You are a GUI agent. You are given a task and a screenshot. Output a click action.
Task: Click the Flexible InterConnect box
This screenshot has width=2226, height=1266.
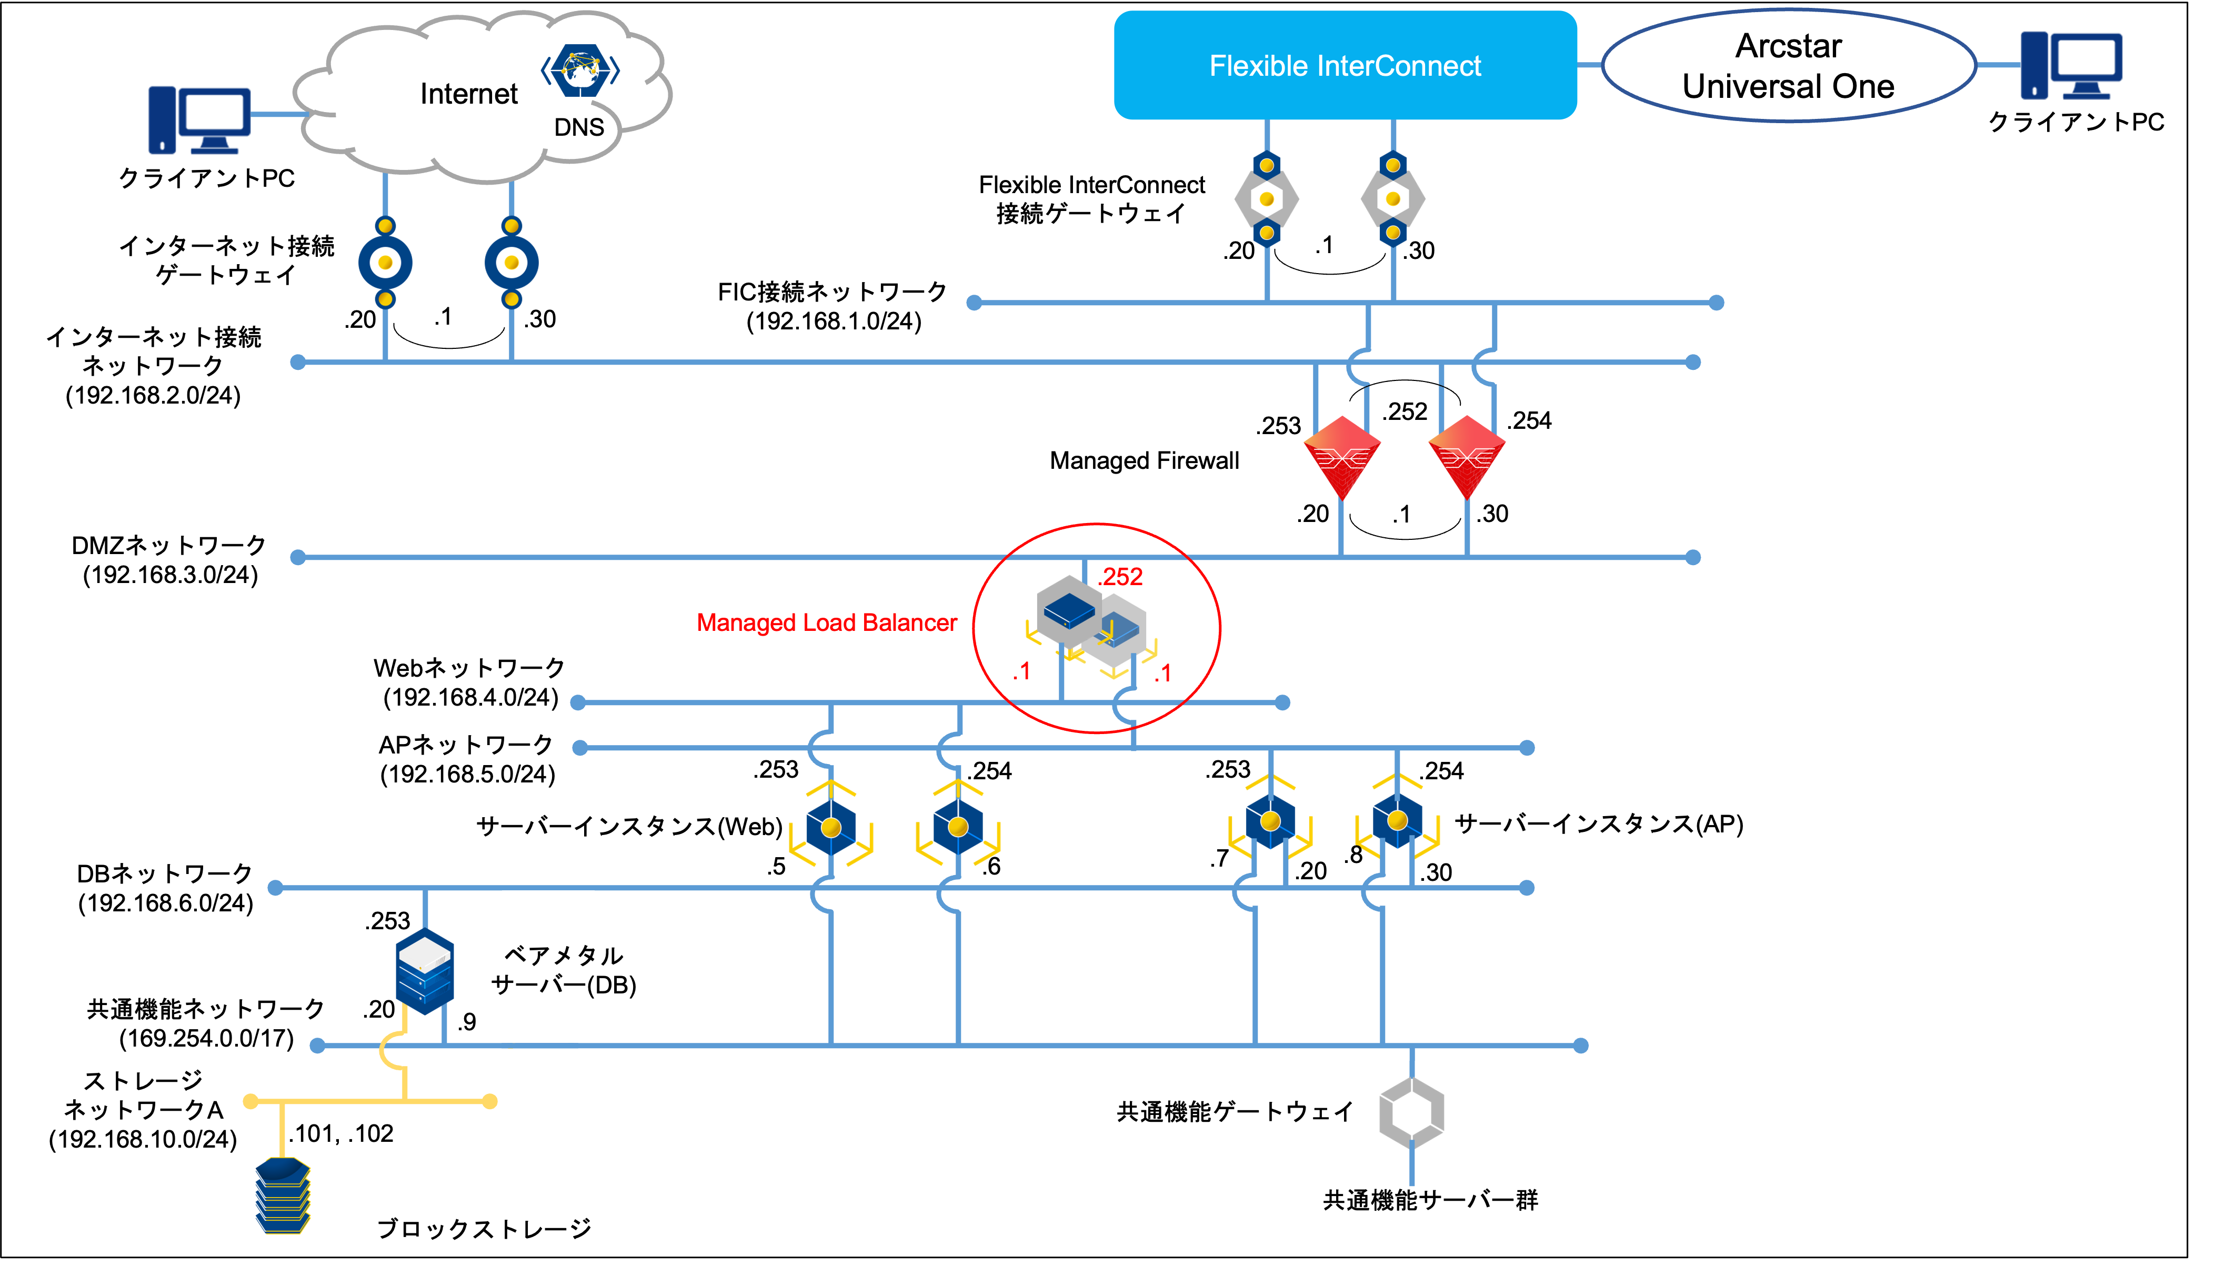(1345, 65)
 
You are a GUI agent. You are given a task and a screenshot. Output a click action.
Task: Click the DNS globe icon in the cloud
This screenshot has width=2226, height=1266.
(580, 69)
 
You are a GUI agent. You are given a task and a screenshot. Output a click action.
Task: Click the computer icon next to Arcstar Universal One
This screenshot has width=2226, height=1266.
(2071, 65)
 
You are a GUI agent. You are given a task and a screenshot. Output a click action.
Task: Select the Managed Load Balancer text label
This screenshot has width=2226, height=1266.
(826, 622)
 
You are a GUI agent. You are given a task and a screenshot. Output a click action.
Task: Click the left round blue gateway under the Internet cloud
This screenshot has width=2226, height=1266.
(385, 263)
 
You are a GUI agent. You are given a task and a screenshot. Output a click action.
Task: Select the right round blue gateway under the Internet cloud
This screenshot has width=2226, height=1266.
(512, 263)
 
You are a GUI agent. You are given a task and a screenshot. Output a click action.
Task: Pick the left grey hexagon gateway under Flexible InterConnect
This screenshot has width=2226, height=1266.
(1267, 199)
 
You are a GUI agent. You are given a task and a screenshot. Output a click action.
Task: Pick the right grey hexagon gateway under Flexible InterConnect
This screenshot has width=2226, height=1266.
(1393, 199)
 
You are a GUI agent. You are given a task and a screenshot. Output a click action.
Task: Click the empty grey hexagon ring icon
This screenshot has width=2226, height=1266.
(1411, 1112)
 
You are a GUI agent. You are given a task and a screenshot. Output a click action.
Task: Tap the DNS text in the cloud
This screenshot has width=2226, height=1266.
(579, 128)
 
